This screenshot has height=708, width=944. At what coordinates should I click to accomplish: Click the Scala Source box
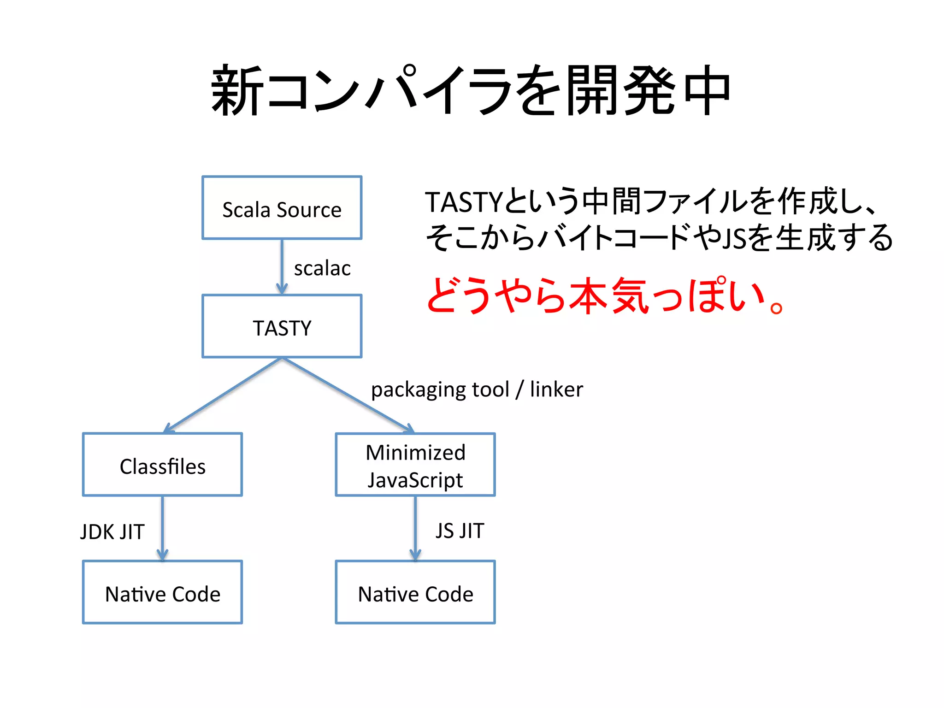pos(282,208)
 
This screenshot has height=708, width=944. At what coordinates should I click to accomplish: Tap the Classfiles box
pos(162,465)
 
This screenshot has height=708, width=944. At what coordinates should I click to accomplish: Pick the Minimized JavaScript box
pos(415,465)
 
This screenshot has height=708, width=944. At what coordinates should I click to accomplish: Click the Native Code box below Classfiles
pos(162,592)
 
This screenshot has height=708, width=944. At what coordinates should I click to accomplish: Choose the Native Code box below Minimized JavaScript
pos(415,592)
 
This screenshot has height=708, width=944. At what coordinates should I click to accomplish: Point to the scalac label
pos(322,269)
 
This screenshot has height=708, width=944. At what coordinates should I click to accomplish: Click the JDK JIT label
pos(112,532)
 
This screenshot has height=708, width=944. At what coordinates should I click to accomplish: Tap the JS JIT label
pos(460,531)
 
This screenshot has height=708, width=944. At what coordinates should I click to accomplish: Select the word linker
pos(556,389)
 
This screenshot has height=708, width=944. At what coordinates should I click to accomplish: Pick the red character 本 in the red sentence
pos(588,295)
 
